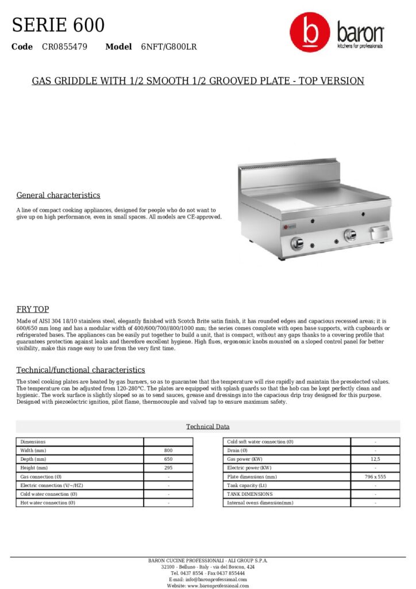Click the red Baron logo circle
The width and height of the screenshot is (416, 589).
310,33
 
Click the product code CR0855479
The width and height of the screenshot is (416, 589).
64,47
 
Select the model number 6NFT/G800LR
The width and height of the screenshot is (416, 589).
169,47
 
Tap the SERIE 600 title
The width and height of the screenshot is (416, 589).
58,25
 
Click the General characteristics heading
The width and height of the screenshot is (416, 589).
58,195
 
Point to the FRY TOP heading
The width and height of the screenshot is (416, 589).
33,309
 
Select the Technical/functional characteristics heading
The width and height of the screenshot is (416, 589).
80,370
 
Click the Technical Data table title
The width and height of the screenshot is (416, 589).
207,426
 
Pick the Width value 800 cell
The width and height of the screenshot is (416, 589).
168,450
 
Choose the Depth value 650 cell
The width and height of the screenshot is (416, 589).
168,459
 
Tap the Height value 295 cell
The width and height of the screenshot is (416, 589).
168,468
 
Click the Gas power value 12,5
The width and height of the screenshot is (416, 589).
375,459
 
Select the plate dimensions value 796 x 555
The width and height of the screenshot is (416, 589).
375,477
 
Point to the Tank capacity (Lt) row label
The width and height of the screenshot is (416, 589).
248,485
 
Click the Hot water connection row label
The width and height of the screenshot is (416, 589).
48,503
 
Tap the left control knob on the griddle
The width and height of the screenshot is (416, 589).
297,243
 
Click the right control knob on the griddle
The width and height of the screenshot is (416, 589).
349,235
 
